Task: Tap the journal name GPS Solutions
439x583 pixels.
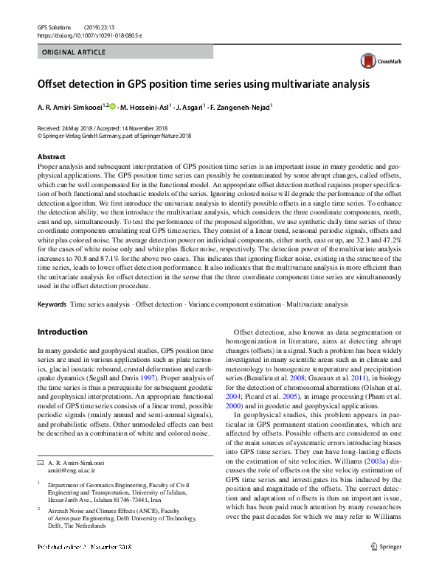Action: tap(52, 27)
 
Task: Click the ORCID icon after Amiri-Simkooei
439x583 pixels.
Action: tap(113, 107)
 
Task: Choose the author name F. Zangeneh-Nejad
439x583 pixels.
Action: tap(239, 108)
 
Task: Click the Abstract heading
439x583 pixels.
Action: tap(51, 157)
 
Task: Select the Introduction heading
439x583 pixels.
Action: tap(62, 332)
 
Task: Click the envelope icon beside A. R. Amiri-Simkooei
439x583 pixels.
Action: tap(40, 441)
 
